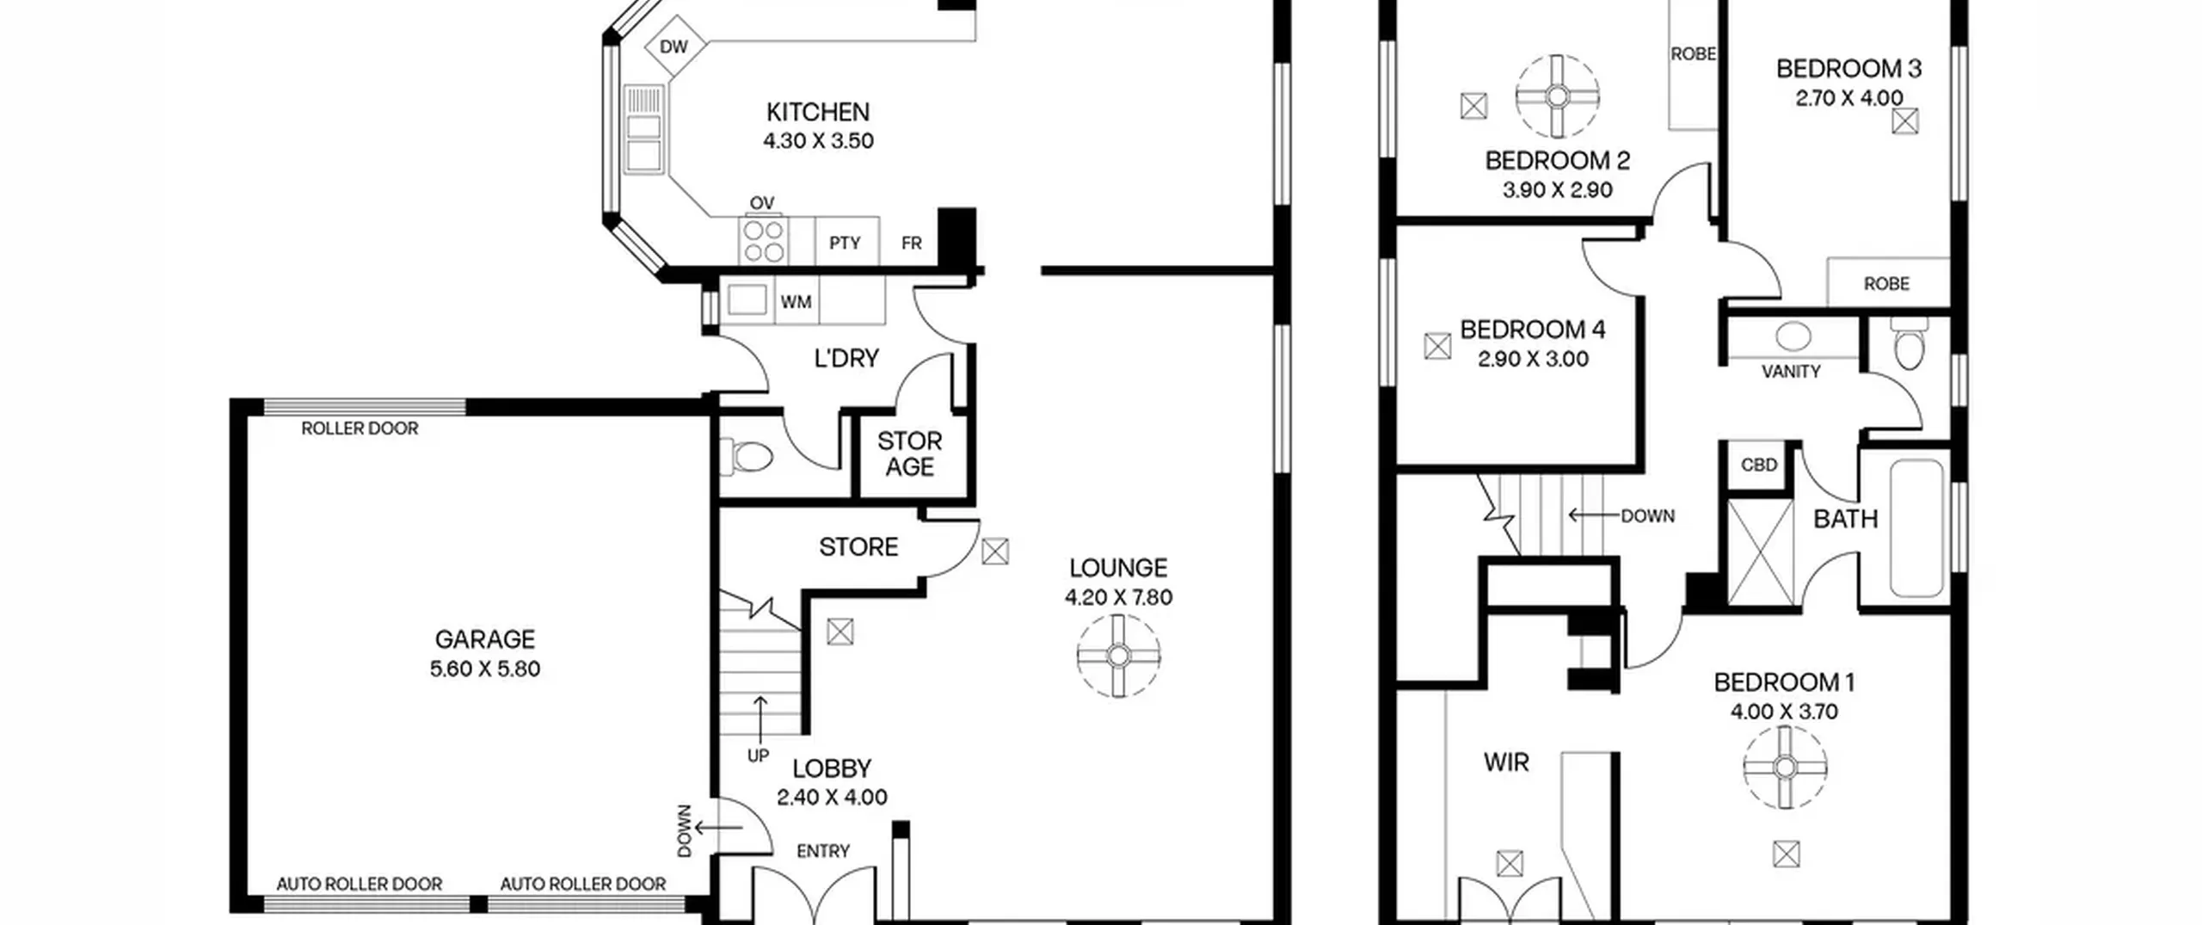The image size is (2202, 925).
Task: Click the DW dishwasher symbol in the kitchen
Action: (x=674, y=46)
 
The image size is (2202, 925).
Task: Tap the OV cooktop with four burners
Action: (x=764, y=241)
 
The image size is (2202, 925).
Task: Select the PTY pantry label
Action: (x=845, y=244)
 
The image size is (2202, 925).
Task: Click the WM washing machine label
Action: (x=796, y=302)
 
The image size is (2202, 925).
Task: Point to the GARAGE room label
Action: (x=485, y=639)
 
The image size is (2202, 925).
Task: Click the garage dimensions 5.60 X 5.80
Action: (x=485, y=669)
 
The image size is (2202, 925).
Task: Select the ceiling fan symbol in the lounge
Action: (x=1118, y=656)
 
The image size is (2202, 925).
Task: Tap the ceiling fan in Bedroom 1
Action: (x=1785, y=768)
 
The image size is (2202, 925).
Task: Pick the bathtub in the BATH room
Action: (x=1917, y=527)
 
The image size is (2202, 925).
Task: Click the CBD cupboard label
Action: (x=1759, y=466)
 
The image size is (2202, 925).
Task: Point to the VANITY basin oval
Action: (x=1793, y=336)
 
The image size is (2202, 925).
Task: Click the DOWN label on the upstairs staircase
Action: (x=1648, y=516)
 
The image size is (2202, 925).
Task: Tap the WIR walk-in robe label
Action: (x=1506, y=762)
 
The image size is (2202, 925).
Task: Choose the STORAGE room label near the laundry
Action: (x=910, y=454)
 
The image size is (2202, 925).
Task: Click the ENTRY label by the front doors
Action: (x=823, y=851)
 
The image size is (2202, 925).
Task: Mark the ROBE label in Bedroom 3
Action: (x=1886, y=284)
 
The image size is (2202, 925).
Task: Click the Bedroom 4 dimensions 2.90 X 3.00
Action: (x=1533, y=360)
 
